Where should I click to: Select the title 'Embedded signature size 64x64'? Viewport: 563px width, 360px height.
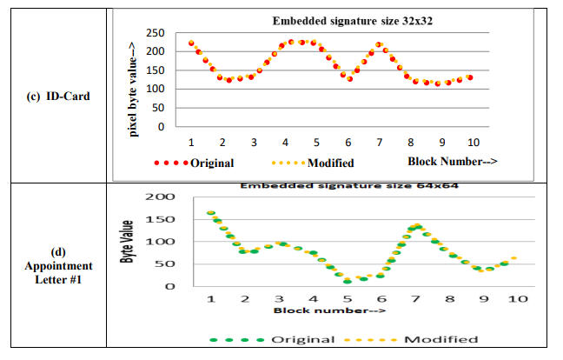click(x=348, y=184)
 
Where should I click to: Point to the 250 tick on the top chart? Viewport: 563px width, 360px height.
click(x=155, y=32)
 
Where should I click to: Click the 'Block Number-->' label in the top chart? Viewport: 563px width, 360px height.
click(x=452, y=161)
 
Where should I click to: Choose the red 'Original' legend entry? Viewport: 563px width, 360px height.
click(x=194, y=163)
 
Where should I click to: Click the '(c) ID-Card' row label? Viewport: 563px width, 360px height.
click(x=56, y=97)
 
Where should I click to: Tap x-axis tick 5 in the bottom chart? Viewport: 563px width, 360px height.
click(x=348, y=298)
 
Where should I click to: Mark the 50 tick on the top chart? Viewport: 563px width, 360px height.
click(x=158, y=108)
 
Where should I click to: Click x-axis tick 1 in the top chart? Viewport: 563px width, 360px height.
click(x=190, y=142)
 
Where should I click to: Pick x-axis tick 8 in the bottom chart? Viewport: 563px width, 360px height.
click(x=449, y=298)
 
